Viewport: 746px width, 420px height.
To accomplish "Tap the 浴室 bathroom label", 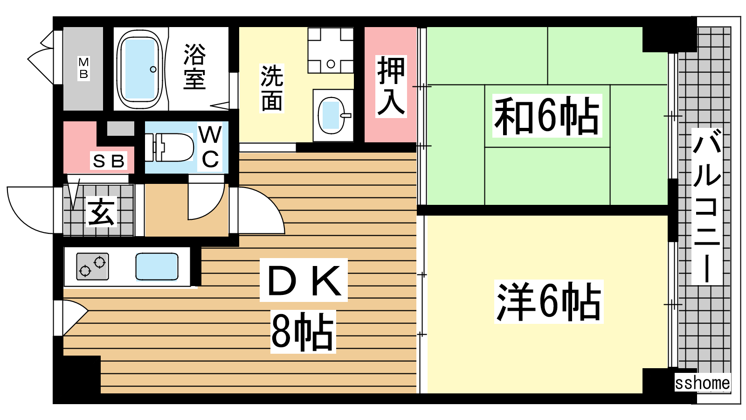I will click(x=194, y=67).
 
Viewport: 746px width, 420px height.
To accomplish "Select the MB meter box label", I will click(x=83, y=68).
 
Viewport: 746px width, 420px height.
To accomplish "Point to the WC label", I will click(x=210, y=147).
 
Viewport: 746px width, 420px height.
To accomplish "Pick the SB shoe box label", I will click(x=109, y=161).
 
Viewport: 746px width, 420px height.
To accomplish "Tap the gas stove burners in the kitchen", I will click(x=92, y=266).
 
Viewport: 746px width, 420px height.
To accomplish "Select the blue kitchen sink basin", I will click(x=157, y=266).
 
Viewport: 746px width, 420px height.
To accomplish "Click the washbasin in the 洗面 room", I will click(x=332, y=115).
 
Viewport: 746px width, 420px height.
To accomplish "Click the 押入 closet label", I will click(x=391, y=86).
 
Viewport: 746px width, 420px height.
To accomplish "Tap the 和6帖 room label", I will click(x=546, y=116).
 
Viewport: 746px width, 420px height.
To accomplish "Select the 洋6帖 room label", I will click(x=548, y=302).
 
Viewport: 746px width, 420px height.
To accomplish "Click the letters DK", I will click(x=304, y=280).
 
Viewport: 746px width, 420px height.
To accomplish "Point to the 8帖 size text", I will click(x=303, y=332).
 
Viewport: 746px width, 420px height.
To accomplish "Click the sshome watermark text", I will click(x=702, y=383).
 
